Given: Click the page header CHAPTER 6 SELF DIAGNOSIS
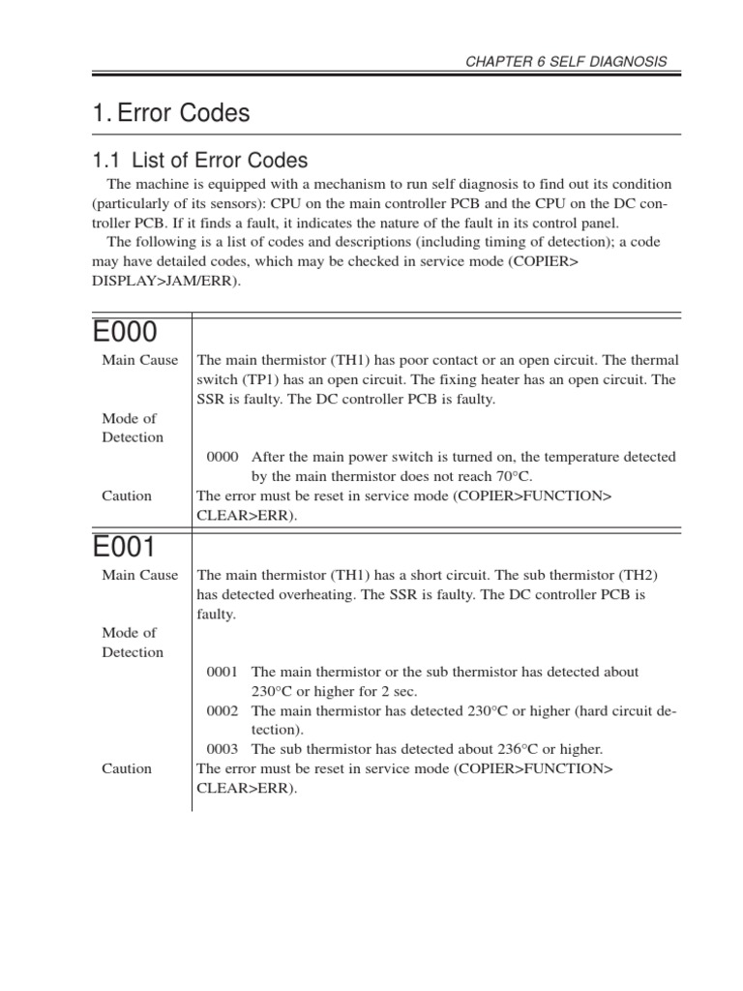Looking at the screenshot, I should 567,61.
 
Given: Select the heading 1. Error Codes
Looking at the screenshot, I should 170,113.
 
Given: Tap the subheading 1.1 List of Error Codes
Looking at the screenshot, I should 199,161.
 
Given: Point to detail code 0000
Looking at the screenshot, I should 223,457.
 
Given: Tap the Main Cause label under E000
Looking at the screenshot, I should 140,361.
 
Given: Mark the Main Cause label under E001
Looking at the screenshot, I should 140,575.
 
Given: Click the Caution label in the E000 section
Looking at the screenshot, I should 127,495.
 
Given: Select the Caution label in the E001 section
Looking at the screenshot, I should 127,768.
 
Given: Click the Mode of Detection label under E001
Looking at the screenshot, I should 133,642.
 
